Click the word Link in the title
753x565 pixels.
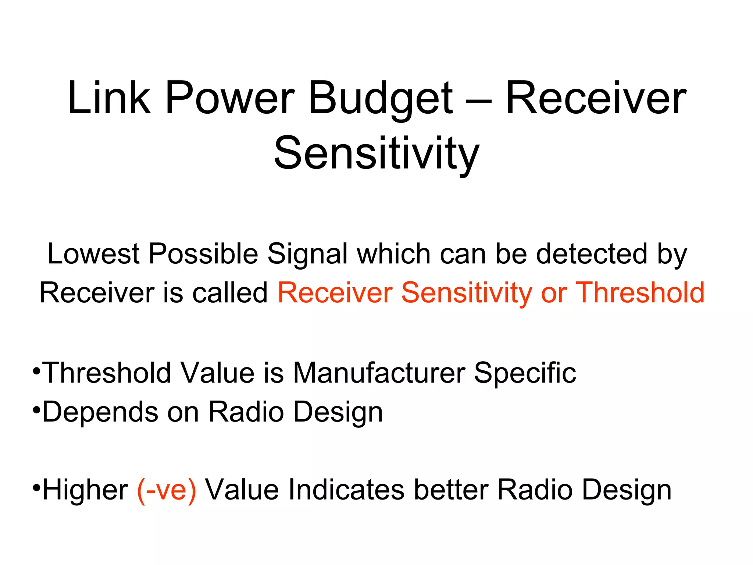pos(109,98)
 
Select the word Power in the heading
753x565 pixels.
pos(230,98)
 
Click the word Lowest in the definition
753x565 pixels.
pos(93,254)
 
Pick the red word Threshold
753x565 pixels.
pos(640,293)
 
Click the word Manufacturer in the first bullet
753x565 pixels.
pos(379,373)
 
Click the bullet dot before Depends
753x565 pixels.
pos(36,409)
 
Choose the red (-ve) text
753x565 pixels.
pos(166,490)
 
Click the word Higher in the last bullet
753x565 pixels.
pos(85,490)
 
